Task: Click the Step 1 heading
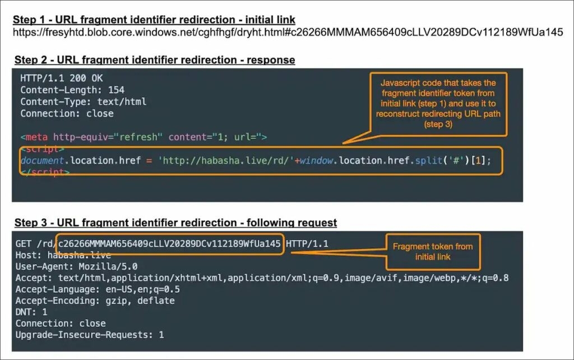click(154, 20)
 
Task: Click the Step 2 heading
click(155, 59)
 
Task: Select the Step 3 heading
click(175, 223)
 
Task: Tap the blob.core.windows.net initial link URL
click(288, 33)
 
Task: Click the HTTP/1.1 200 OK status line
click(62, 78)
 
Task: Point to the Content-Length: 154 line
click(72, 90)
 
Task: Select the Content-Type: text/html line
click(84, 101)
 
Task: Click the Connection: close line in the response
click(67, 113)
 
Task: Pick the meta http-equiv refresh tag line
click(144, 137)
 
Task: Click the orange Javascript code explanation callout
click(438, 104)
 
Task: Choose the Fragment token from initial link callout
click(433, 252)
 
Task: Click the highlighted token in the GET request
click(169, 244)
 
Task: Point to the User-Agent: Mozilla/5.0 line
click(76, 266)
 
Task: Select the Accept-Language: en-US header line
click(98, 289)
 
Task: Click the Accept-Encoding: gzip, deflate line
click(95, 301)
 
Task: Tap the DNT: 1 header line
click(31, 312)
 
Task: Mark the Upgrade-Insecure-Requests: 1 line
click(90, 335)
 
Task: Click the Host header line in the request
click(63, 255)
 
